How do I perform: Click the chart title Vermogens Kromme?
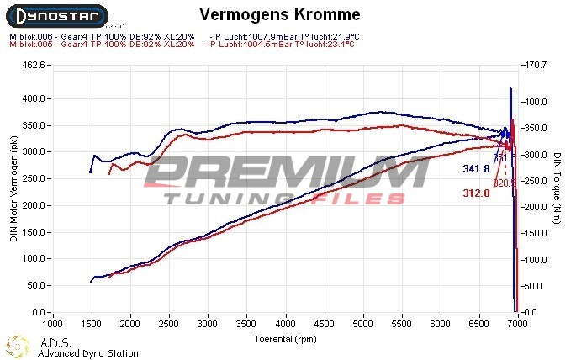[x=268, y=15]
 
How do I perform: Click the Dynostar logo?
[x=55, y=15]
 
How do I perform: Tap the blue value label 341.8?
[x=476, y=169]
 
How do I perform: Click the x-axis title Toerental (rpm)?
[x=286, y=339]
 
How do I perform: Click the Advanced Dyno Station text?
[x=87, y=353]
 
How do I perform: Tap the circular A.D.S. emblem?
[x=18, y=346]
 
